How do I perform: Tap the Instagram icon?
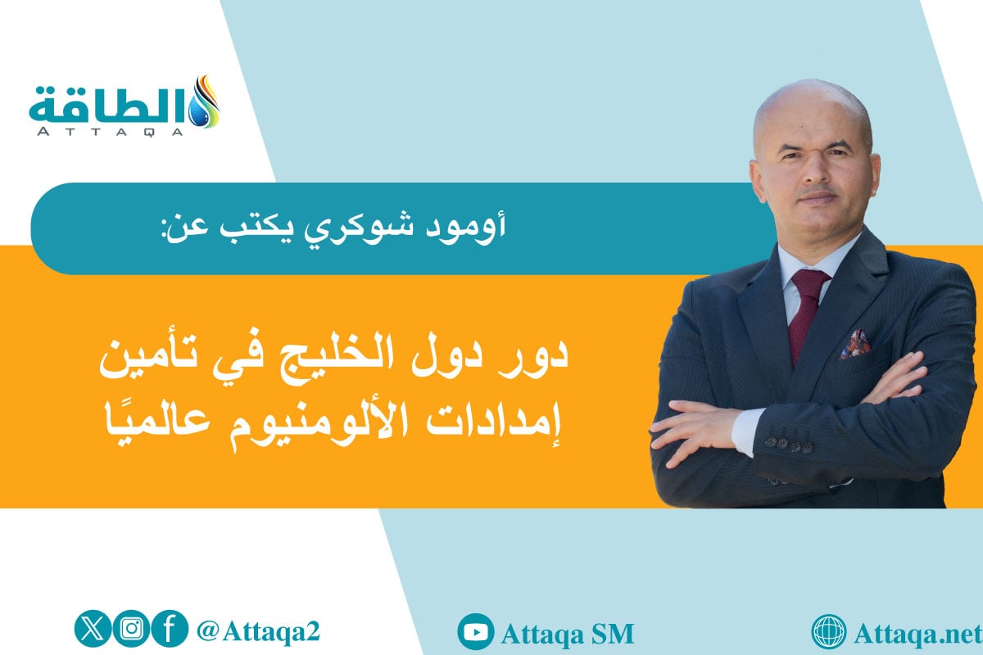point(131,630)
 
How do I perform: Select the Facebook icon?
point(169,630)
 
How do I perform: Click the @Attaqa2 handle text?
point(257,630)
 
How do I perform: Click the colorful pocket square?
point(854,344)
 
